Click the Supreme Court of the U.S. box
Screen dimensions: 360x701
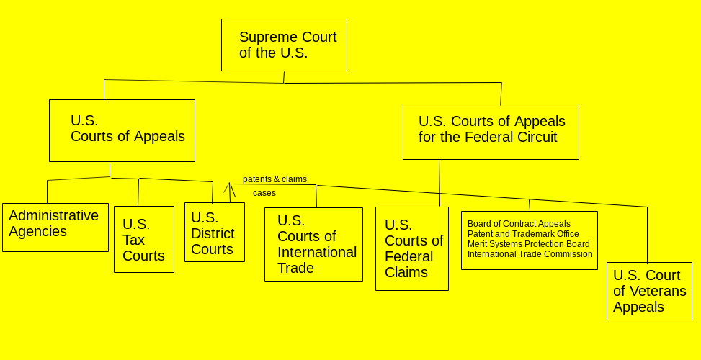(x=284, y=45)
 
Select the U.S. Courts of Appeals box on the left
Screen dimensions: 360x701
(x=122, y=130)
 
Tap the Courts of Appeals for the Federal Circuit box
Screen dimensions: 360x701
(x=491, y=131)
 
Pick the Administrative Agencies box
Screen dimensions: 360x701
(x=55, y=227)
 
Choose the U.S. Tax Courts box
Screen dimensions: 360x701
(x=144, y=239)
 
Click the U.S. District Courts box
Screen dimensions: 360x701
(x=215, y=232)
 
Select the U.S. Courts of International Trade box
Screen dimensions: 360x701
(x=313, y=244)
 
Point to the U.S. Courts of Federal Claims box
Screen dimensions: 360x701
(x=412, y=248)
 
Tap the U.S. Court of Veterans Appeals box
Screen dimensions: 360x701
(x=649, y=291)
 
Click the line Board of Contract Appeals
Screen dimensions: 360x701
(x=519, y=224)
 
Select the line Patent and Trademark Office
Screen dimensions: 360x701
(x=523, y=234)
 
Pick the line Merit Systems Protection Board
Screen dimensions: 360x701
(x=528, y=244)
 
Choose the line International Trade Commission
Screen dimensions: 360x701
(x=530, y=254)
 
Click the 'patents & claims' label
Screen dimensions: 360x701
(x=274, y=179)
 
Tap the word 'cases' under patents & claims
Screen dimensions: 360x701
(x=264, y=193)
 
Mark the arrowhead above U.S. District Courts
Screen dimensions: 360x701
(x=230, y=186)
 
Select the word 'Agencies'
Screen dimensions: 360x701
(x=37, y=231)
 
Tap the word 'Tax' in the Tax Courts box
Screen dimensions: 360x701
(x=133, y=240)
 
